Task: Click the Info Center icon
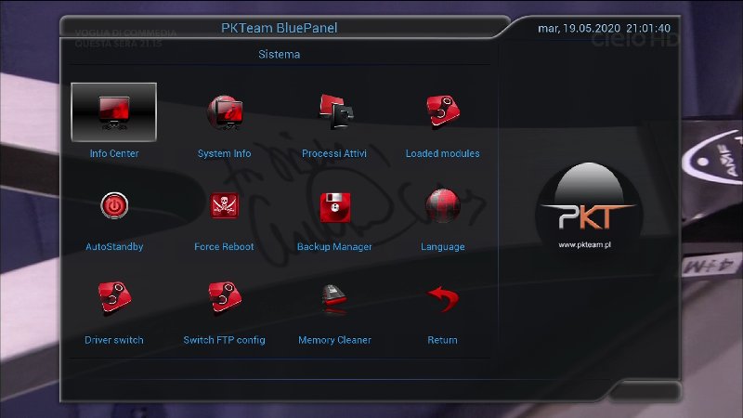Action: point(114,111)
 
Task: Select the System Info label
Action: point(224,154)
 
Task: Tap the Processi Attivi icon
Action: point(334,111)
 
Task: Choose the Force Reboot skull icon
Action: point(224,206)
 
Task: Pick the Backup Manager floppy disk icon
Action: point(334,206)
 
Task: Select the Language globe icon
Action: point(442,206)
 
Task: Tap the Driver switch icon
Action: point(114,298)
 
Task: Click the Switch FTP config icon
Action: point(224,298)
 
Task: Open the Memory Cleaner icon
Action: point(334,298)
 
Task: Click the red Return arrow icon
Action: point(442,298)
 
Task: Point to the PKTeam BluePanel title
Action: point(279,28)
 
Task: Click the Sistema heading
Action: point(279,55)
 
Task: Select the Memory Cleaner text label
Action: point(334,341)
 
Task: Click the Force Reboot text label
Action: point(224,247)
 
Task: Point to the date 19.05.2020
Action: point(588,28)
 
